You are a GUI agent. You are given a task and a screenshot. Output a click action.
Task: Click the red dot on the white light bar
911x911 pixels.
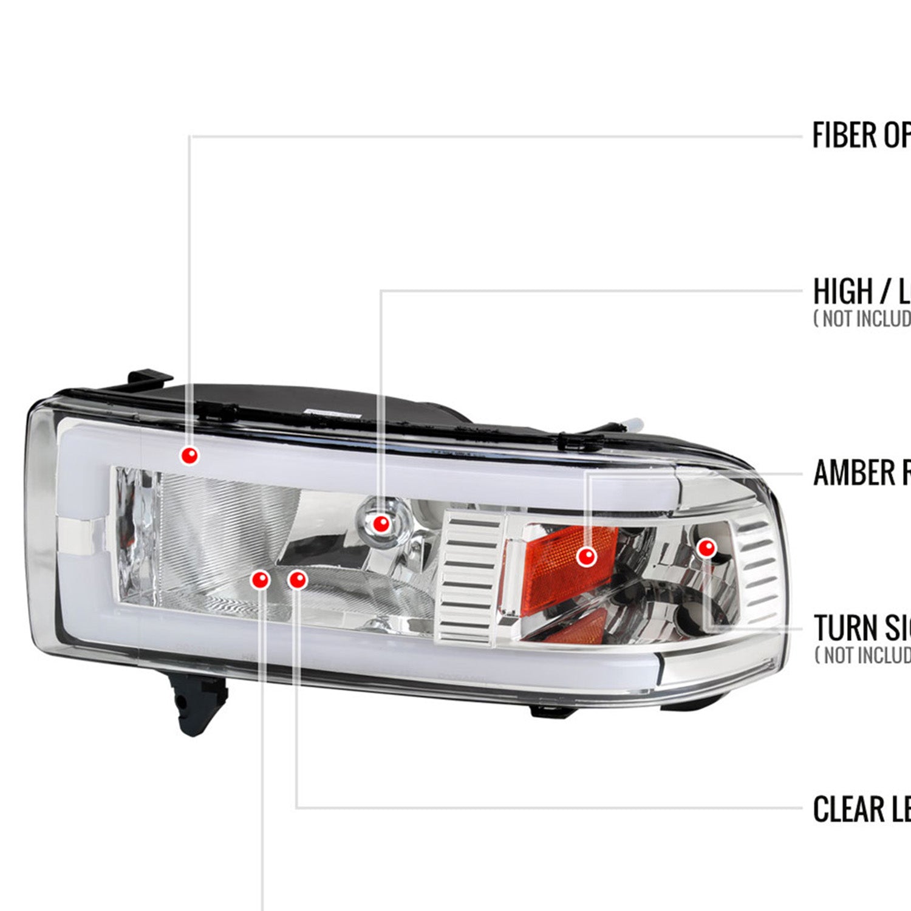[x=190, y=455]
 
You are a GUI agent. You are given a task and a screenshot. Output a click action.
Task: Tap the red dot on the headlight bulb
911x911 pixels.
[x=381, y=523]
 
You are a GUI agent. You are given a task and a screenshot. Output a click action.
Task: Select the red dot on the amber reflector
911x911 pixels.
[x=586, y=556]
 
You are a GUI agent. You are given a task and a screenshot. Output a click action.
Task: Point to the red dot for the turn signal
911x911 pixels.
[x=706, y=548]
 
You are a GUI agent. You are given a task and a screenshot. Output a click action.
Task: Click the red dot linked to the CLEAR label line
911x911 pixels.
[x=297, y=580]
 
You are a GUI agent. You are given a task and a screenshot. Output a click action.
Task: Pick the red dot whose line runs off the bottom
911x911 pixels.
[x=261, y=580]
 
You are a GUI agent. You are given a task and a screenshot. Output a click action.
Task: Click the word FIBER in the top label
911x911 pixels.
[x=845, y=135]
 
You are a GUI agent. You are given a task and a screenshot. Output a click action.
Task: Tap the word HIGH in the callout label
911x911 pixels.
[x=842, y=292]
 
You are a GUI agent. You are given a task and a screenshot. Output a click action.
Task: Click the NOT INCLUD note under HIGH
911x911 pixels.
[x=862, y=318]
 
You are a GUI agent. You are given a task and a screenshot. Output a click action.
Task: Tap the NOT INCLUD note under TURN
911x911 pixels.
[x=862, y=655]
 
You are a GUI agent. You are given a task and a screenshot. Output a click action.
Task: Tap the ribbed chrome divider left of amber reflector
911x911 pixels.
[x=471, y=577]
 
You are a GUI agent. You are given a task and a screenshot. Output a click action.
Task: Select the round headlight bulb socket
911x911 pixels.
[x=389, y=516]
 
